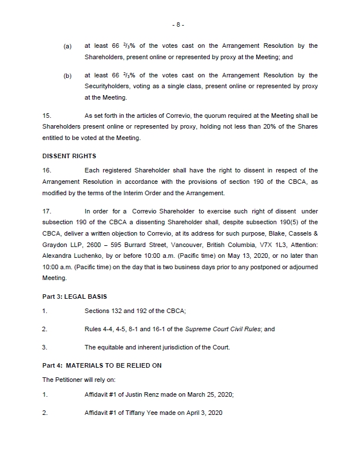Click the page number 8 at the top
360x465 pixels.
point(179,25)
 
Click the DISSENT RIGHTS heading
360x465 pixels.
point(69,155)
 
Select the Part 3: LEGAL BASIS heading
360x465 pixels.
point(75,297)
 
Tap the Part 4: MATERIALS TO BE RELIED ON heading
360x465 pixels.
point(102,365)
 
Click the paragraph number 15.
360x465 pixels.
point(47,115)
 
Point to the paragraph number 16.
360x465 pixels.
point(47,170)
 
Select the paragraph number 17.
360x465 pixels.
point(47,211)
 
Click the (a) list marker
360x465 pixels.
point(67,46)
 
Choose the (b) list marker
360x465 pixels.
point(67,76)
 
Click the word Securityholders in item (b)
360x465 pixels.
point(108,87)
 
